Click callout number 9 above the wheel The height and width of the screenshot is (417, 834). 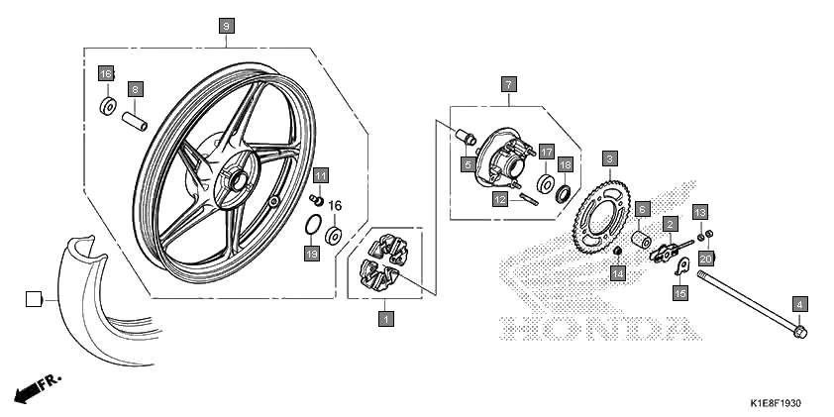(227, 26)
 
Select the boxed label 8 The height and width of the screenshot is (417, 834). (136, 88)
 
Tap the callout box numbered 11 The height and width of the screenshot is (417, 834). (321, 176)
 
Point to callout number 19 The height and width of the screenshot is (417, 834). (312, 255)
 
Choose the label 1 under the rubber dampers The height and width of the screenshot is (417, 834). (386, 318)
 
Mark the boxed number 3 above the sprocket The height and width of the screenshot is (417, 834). (611, 158)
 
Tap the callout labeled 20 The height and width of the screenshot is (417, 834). (706, 259)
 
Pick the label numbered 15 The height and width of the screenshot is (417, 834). (680, 293)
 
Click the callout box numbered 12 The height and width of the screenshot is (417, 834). (501, 198)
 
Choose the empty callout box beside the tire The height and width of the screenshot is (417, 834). (34, 297)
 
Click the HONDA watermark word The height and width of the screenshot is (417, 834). (594, 328)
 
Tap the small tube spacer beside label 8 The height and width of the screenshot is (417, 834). (135, 123)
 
